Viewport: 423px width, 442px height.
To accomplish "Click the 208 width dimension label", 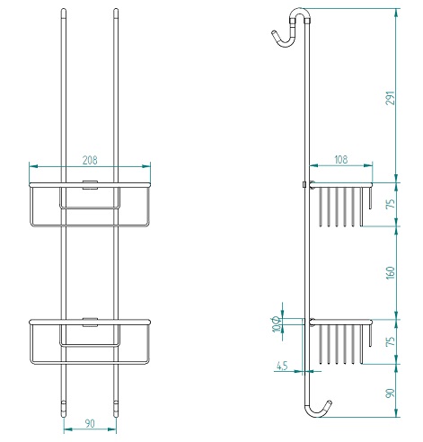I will click(x=89, y=159).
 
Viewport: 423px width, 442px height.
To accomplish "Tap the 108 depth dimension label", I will click(x=340, y=159).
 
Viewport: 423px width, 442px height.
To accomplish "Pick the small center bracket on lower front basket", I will click(x=89, y=321).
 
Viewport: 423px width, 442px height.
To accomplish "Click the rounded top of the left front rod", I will click(x=64, y=13).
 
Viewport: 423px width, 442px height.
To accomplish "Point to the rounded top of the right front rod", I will click(x=117, y=13).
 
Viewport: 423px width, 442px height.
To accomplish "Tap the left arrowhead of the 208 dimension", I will click(x=32, y=166).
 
